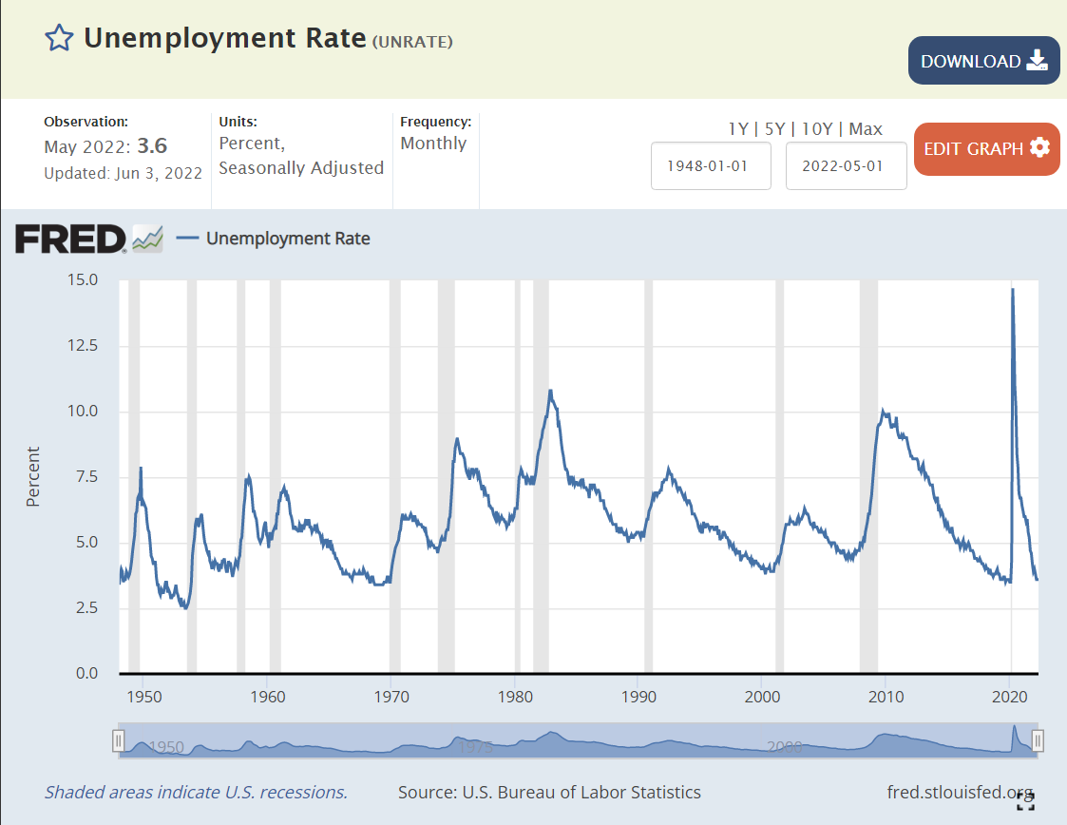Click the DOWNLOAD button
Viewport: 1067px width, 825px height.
tap(983, 61)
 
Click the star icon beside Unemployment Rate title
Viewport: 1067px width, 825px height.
tap(59, 38)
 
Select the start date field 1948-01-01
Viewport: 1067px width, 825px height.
tap(710, 165)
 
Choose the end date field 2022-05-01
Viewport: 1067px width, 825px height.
tap(846, 165)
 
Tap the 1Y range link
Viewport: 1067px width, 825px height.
tap(737, 129)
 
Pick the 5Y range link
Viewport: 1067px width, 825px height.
tap(774, 129)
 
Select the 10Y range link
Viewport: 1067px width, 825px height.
tap(816, 129)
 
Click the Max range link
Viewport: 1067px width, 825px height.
tap(866, 129)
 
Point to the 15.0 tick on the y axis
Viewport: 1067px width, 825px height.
tap(82, 280)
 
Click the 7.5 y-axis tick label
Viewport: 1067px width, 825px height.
tap(86, 476)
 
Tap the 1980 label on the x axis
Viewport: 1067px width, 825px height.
tap(514, 698)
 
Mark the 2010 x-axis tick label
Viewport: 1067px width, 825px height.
tap(885, 698)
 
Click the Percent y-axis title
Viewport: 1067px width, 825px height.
tap(33, 476)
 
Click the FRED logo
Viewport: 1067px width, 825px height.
tap(70, 239)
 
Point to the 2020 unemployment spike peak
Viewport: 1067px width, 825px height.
tap(1012, 289)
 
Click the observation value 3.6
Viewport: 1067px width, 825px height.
tap(152, 146)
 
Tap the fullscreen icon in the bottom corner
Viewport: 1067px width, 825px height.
tap(1025, 801)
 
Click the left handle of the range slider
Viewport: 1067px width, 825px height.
tap(119, 740)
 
